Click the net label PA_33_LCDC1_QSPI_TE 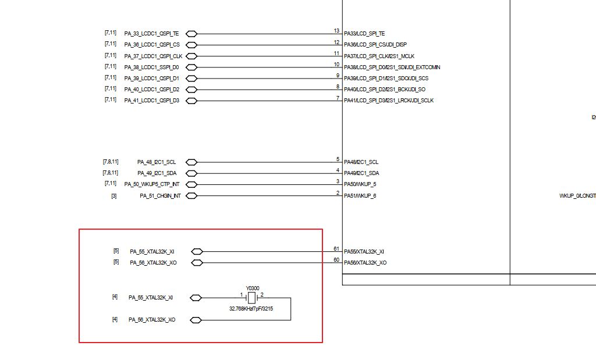tap(151, 34)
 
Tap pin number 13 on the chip tap(336, 31)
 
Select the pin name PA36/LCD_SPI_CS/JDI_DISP tap(375, 45)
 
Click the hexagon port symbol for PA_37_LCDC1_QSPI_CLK tap(190, 56)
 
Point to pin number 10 tap(336, 65)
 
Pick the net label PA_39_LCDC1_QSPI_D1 tap(151, 79)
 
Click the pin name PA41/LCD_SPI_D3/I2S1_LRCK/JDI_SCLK tap(388, 101)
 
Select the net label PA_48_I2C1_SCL tap(156, 162)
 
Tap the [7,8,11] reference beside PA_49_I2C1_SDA tap(111, 173)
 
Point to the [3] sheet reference tap(113, 196)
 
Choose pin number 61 tap(336, 249)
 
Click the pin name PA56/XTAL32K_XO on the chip tap(365, 263)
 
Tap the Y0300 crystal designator tap(252, 288)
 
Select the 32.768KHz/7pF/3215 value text tap(251, 309)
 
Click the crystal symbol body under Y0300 tap(251, 298)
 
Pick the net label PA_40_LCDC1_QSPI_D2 tap(151, 90)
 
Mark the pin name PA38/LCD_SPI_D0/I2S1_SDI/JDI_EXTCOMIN tap(392, 67)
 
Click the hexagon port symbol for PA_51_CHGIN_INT tap(190, 196)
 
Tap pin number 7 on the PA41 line tap(338, 98)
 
